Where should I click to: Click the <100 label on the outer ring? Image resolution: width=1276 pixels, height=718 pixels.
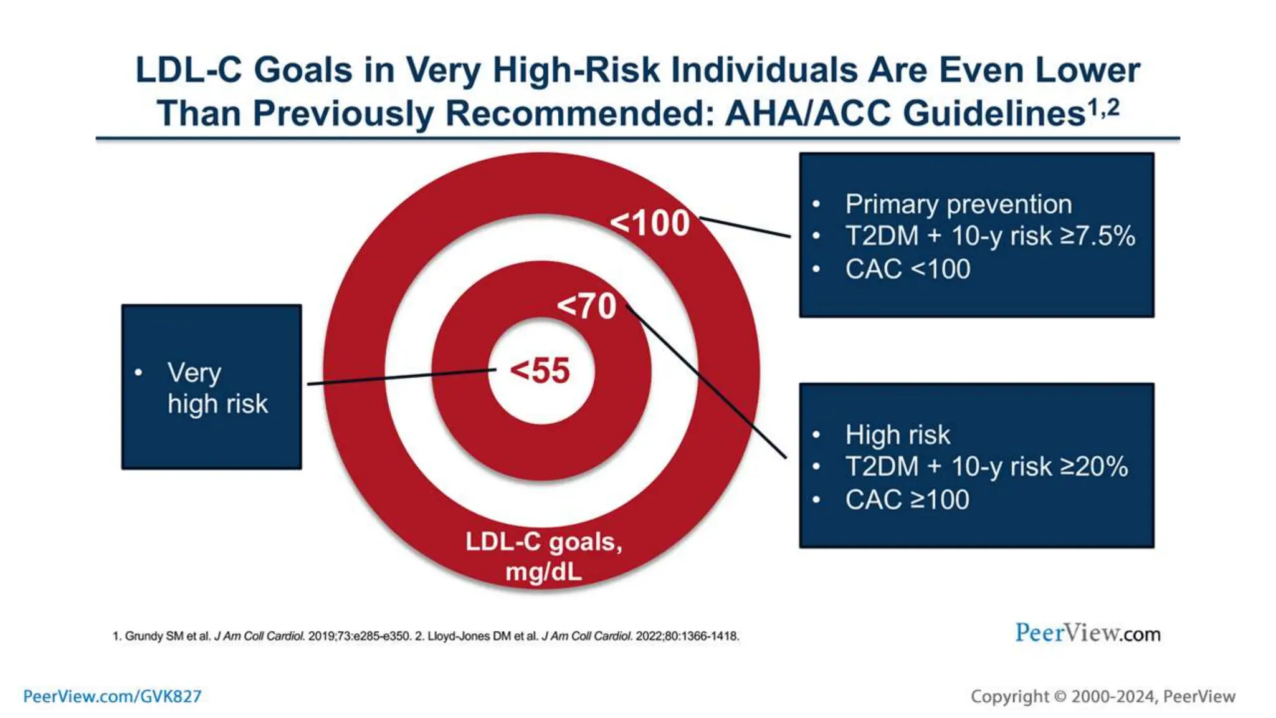(650, 223)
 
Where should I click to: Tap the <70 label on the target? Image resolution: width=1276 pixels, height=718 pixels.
(586, 306)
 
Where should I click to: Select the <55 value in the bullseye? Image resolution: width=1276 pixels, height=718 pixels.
(540, 370)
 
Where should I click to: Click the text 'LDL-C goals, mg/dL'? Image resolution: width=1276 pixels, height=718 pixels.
(544, 556)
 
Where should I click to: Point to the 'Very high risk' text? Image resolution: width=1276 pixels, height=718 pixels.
(217, 388)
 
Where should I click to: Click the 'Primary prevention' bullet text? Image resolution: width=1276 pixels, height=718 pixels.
(958, 204)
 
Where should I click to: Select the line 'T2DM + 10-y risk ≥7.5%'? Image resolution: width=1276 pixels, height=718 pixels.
(990, 236)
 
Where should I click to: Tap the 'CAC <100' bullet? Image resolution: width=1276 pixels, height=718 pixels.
(908, 269)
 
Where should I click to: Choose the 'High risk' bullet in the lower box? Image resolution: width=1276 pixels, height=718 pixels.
(897, 435)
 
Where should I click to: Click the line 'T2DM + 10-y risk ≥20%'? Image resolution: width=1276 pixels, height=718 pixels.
(986, 467)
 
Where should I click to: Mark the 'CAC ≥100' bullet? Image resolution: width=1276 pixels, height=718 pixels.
(907, 500)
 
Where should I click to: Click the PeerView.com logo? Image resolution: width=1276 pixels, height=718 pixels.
(1087, 633)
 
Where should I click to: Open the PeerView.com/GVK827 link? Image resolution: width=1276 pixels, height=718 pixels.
(112, 696)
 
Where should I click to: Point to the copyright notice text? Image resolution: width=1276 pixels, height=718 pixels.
(1102, 696)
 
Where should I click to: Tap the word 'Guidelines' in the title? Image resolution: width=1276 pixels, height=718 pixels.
(994, 114)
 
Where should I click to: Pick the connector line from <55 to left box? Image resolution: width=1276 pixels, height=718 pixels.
(399, 377)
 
